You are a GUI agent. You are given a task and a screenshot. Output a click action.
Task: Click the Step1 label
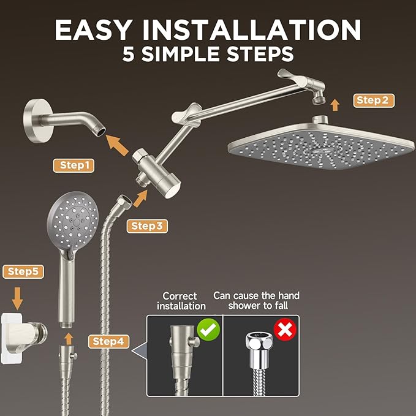pyautogui.click(x=76, y=165)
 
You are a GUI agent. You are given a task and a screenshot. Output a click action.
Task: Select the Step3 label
pyautogui.click(x=147, y=226)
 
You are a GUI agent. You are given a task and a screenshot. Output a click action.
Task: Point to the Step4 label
pyautogui.click(x=108, y=341)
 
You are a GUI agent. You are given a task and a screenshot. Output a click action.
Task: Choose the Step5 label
pyautogui.click(x=23, y=271)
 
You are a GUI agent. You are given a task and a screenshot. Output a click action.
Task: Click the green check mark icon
pyautogui.click(x=210, y=331)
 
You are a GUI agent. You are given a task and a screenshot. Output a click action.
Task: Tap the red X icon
pyautogui.click(x=284, y=331)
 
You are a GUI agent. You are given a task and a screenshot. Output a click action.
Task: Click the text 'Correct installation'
pyautogui.click(x=181, y=301)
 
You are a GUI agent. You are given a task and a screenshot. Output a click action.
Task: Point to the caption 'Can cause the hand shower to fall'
pyautogui.click(x=256, y=301)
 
